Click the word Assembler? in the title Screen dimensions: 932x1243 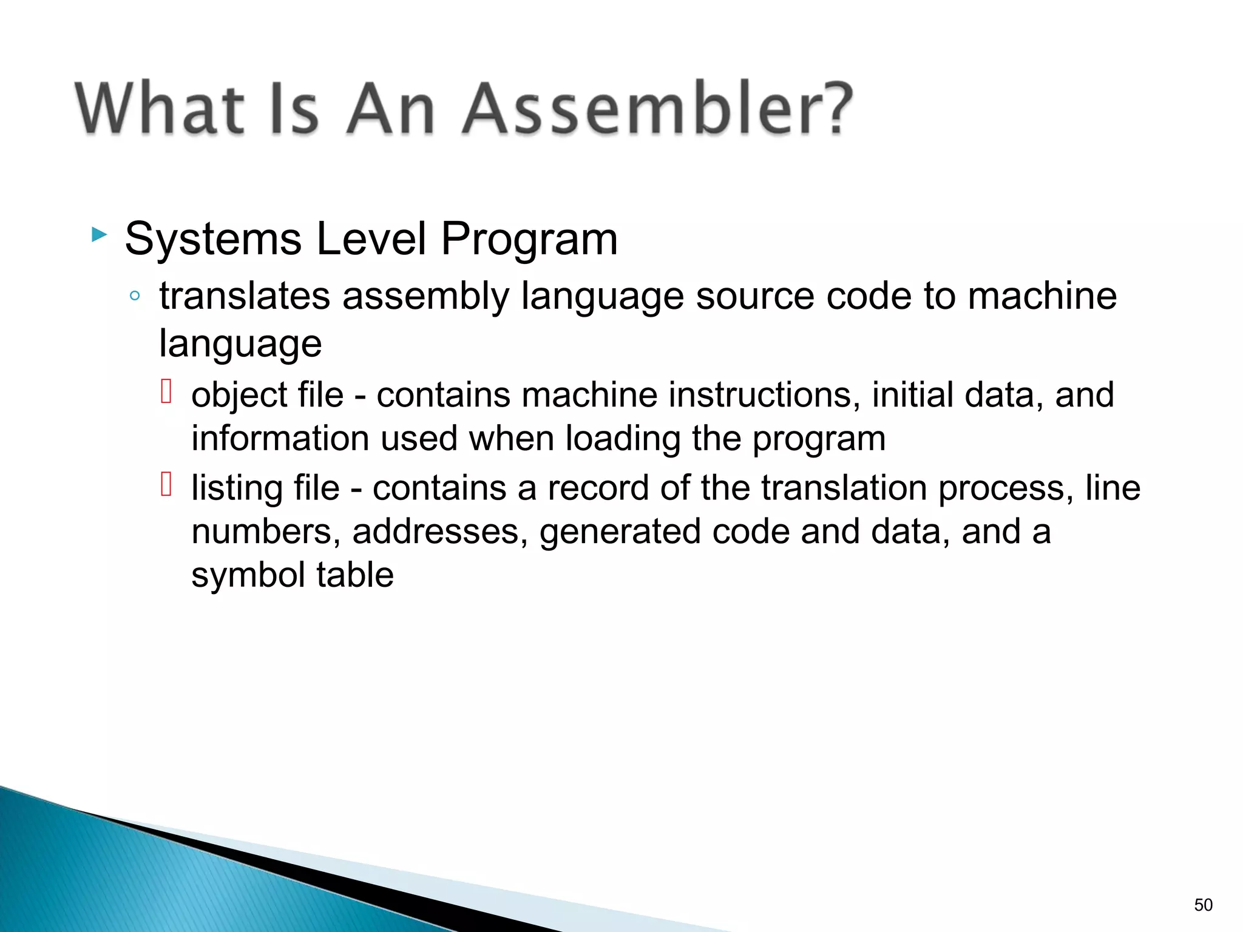point(657,109)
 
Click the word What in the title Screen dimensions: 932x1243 point(159,109)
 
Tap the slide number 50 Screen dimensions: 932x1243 point(1203,905)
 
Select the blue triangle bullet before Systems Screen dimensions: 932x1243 point(99,234)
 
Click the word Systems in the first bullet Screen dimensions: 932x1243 point(213,239)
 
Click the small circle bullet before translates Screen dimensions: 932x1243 point(135,297)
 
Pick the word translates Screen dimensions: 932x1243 point(245,297)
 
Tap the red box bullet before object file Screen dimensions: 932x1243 point(166,391)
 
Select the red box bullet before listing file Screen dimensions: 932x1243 point(166,484)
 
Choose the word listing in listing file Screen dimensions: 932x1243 point(235,489)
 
